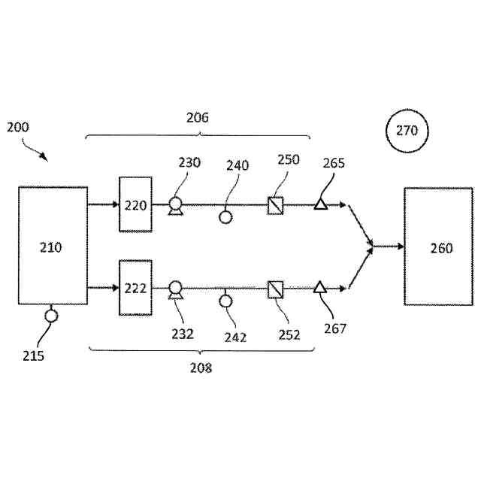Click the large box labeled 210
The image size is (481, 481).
(53, 247)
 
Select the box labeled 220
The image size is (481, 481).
(135, 204)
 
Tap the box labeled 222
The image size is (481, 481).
(135, 288)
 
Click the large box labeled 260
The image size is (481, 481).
(439, 247)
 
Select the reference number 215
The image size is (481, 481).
(33, 355)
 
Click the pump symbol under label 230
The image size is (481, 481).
(175, 204)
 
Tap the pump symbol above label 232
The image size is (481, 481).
(175, 289)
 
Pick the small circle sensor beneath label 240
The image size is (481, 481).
(225, 217)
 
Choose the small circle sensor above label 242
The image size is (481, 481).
(225, 301)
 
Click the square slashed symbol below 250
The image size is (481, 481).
(275, 204)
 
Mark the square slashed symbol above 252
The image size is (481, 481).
(275, 288)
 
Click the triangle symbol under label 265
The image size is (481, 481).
(320, 204)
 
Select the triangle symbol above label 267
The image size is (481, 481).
(320, 287)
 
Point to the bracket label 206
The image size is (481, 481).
(198, 117)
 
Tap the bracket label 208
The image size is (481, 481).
(201, 368)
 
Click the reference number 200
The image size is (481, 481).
(18, 127)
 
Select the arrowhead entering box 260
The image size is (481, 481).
(398, 246)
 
